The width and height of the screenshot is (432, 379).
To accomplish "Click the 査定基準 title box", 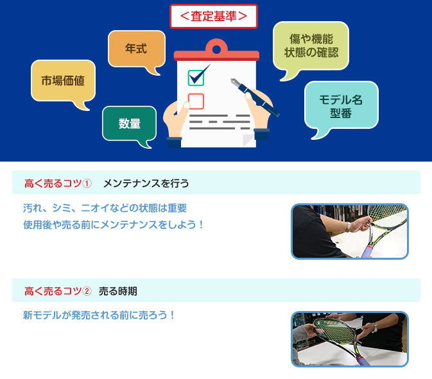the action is [x=214, y=16].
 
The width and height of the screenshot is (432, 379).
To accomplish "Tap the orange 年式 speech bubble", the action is [x=137, y=49].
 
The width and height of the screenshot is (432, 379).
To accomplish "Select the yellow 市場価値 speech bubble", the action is [x=63, y=81].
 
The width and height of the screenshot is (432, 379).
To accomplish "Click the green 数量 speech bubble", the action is [x=129, y=124].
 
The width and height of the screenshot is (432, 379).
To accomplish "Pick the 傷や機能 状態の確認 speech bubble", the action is [x=311, y=46].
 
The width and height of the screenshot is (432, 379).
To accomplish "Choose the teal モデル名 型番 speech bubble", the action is [x=341, y=105].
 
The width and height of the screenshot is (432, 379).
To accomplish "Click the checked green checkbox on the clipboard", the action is [x=196, y=78].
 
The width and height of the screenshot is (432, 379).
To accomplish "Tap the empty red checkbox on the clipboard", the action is [x=196, y=101].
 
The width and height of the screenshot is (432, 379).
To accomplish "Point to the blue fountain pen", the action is [x=255, y=97].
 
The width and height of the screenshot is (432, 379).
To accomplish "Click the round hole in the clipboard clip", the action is [x=216, y=50].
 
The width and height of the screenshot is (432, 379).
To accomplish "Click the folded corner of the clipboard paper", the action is [x=248, y=140].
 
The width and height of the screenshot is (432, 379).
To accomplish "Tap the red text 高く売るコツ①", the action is [x=58, y=183].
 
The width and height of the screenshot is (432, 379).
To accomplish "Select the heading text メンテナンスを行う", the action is [x=146, y=183].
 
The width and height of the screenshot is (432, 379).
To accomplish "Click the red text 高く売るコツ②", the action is [x=58, y=291].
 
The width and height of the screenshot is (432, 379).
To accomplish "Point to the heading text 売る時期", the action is [x=118, y=291].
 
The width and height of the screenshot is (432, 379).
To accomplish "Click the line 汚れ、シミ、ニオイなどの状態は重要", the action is [x=105, y=208].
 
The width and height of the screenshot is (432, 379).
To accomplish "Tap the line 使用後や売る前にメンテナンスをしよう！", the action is [x=113, y=224].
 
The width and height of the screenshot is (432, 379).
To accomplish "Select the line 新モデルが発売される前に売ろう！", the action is [x=99, y=315].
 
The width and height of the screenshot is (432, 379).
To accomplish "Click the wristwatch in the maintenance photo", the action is [x=349, y=226].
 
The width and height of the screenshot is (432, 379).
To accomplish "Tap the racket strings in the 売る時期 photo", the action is [x=335, y=330].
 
